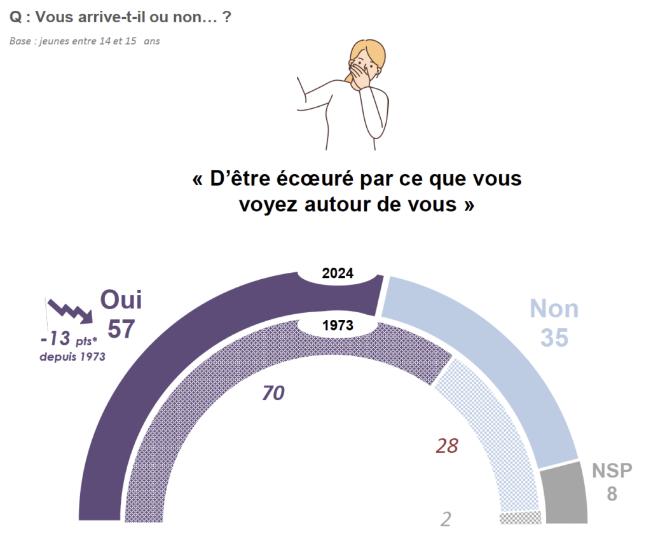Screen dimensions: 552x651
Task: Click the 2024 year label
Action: (338, 274)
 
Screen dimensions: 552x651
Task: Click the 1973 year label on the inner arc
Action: (338, 326)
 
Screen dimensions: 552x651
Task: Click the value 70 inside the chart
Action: (273, 394)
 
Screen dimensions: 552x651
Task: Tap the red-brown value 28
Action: (447, 446)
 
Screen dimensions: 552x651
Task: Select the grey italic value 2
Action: (446, 519)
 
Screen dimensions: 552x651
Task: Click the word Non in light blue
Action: (554, 309)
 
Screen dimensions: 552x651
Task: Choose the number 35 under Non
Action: (554, 338)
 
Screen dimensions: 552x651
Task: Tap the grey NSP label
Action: (612, 471)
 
